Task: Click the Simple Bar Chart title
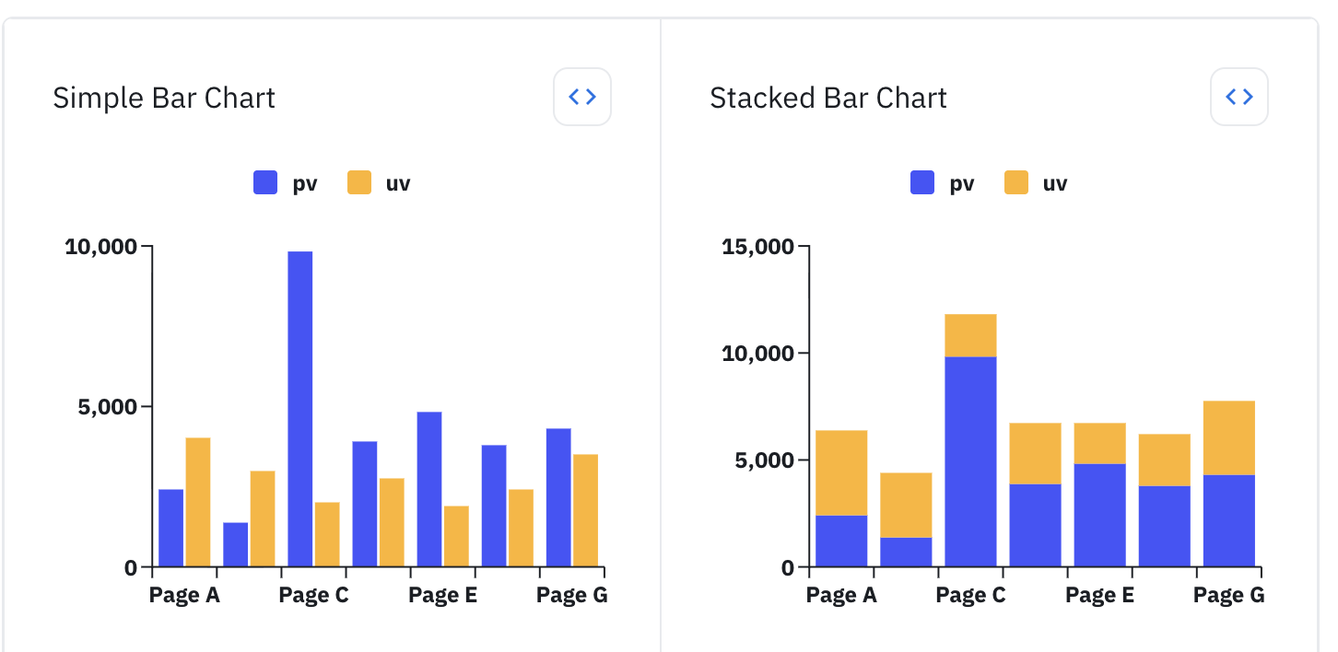[164, 98]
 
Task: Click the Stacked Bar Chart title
[827, 98]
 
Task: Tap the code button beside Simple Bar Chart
[582, 97]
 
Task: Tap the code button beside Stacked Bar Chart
[1238, 97]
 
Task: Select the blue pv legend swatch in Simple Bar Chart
[265, 183]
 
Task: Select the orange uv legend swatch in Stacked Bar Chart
[1016, 183]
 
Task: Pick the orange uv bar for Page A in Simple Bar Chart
[198, 501]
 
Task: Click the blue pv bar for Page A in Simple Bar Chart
[171, 527]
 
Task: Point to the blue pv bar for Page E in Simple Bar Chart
[429, 488]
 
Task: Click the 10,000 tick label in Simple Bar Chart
[100, 247]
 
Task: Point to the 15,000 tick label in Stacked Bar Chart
[757, 247]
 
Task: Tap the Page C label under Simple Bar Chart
[313, 596]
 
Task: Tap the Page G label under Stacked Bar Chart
[1228, 596]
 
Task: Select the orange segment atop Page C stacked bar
[970, 335]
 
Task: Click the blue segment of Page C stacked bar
[970, 460]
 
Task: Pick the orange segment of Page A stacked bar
[841, 472]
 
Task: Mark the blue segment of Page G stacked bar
[1229, 519]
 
